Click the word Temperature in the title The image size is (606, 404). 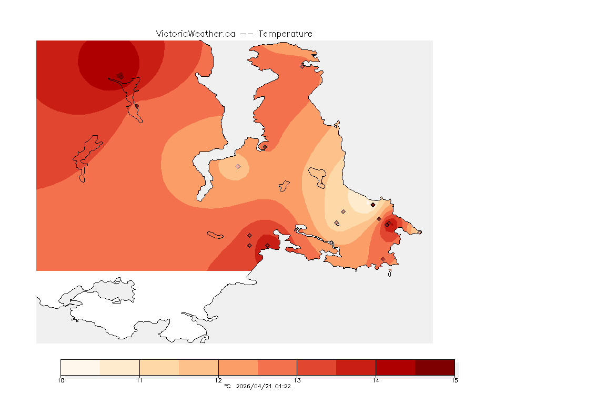[x=285, y=34]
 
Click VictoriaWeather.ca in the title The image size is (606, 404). [x=195, y=34]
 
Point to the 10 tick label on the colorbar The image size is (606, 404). [x=61, y=380]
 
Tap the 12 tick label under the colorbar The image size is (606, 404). [x=218, y=380]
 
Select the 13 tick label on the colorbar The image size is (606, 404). [x=297, y=380]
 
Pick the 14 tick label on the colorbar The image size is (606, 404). [x=376, y=380]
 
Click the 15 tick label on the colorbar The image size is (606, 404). [x=454, y=380]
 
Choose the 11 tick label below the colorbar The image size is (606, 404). [x=139, y=380]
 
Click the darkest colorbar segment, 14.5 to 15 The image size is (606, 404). [x=435, y=367]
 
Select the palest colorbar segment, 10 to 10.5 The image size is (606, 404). [x=80, y=367]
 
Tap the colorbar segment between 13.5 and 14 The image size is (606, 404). [x=356, y=367]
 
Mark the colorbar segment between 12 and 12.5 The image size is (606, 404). [x=238, y=367]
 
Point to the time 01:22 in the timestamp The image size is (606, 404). [x=283, y=387]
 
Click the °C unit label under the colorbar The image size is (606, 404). [x=227, y=387]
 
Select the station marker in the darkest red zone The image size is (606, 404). [x=120, y=76]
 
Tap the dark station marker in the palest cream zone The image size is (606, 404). [x=372, y=205]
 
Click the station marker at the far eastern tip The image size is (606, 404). [x=419, y=232]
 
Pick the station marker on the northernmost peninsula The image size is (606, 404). [x=302, y=66]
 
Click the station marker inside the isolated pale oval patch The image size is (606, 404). [x=238, y=166]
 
